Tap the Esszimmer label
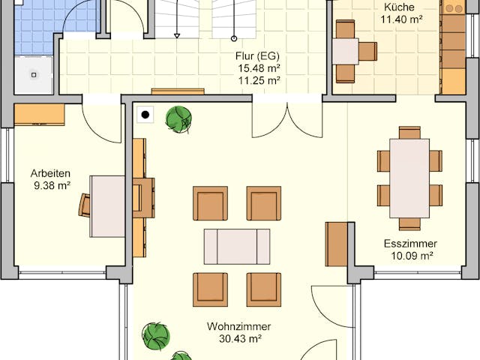(409, 244)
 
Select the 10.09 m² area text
(409, 256)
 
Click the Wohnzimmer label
(240, 327)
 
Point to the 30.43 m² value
(240, 339)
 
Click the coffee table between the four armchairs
(237, 246)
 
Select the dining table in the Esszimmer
(409, 178)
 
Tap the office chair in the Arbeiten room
(85, 204)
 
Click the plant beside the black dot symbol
(178, 119)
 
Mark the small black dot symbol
(145, 115)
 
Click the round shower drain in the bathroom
(34, 74)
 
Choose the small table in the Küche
(345, 52)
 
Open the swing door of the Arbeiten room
(102, 120)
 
